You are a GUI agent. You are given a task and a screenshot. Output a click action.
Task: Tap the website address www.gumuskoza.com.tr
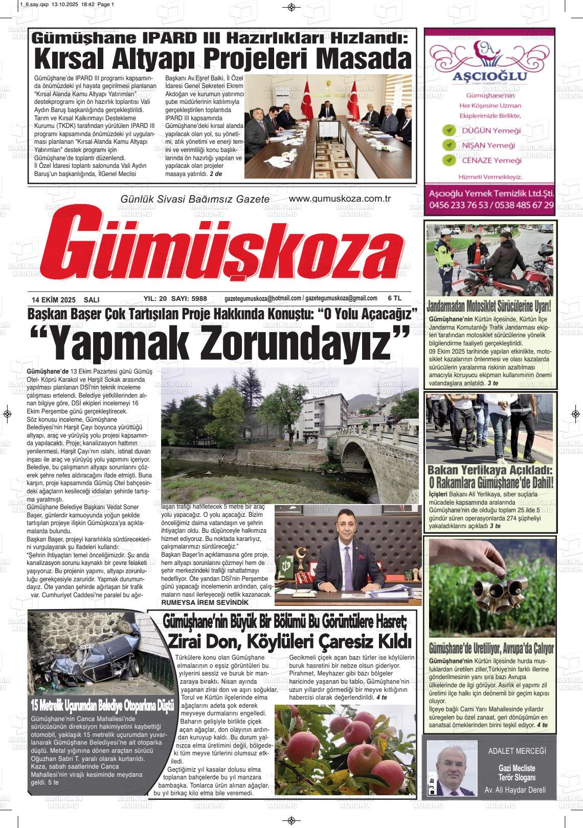340,199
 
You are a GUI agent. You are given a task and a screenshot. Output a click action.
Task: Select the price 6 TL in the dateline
395,298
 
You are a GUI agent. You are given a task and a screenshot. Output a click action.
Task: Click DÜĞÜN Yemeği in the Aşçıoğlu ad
490,130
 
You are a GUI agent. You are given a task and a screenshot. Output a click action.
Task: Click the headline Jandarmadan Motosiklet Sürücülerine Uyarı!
490,307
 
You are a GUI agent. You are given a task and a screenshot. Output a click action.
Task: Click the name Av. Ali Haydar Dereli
515,790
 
